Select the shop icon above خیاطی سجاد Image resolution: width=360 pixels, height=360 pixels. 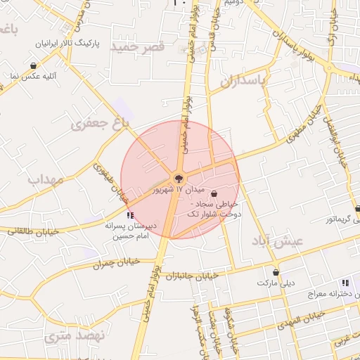click(214, 193)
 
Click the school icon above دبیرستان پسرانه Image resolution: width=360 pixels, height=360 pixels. click(129, 215)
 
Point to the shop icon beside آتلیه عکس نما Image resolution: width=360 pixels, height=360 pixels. click(34, 65)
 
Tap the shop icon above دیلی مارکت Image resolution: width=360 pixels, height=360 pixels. click(276, 272)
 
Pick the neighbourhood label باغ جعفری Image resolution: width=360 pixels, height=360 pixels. click(101, 125)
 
